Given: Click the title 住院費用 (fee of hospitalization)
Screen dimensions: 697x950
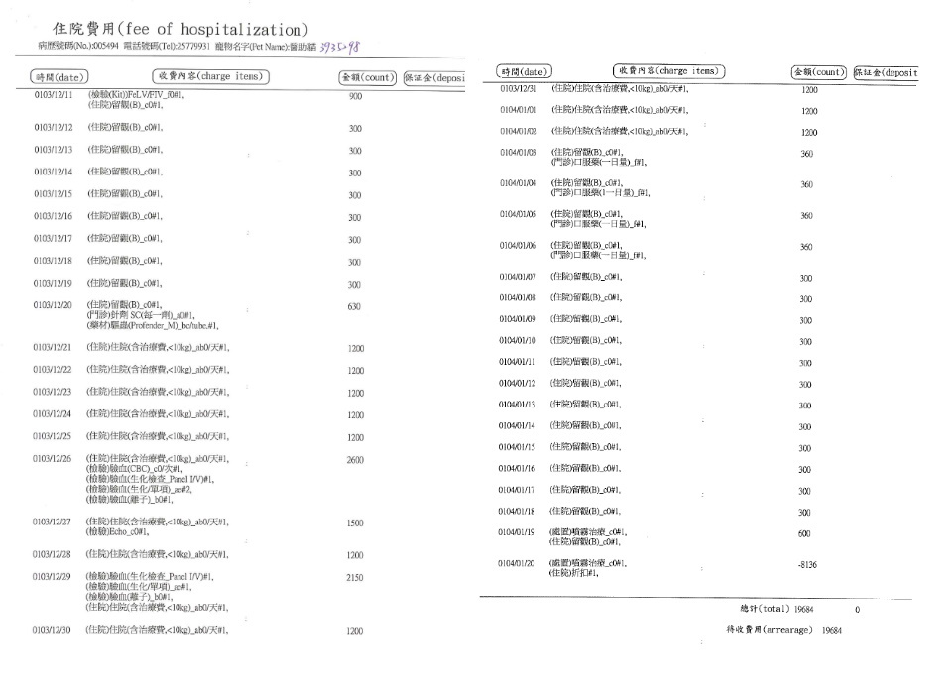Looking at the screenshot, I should point(179,29).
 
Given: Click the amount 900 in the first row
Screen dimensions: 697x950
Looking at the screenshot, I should point(355,97).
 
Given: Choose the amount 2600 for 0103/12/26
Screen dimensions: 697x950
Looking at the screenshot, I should point(355,460).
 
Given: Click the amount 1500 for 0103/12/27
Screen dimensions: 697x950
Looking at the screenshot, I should point(355,523).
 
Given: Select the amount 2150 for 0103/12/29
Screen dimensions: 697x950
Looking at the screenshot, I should point(355,577).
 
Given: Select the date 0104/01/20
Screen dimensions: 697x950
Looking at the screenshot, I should point(519,563).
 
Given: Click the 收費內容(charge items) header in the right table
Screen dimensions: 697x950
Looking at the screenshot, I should point(668,71).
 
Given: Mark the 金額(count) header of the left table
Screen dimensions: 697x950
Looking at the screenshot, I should point(368,76).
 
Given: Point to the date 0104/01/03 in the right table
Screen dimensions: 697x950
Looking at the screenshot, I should point(519,153).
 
